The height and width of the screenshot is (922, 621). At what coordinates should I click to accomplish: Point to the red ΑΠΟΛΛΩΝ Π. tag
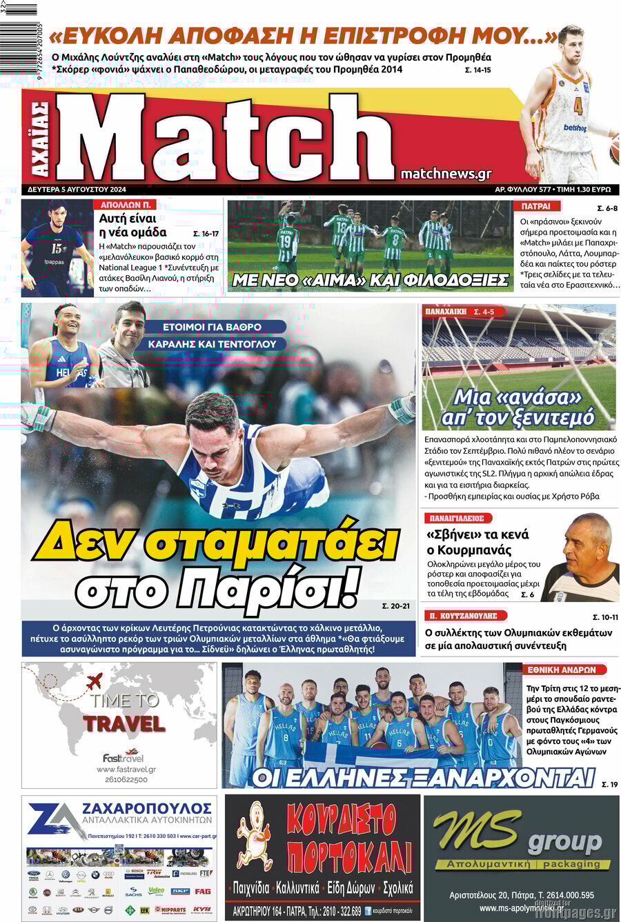tap(126, 205)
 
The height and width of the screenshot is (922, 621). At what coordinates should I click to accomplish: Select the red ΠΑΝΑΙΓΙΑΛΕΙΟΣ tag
tap(457, 518)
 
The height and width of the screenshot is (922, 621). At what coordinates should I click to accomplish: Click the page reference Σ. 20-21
tap(396, 606)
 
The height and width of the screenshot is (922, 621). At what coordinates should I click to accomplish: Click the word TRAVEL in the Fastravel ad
tap(124, 724)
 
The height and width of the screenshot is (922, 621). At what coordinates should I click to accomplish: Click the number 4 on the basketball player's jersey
tap(578, 107)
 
